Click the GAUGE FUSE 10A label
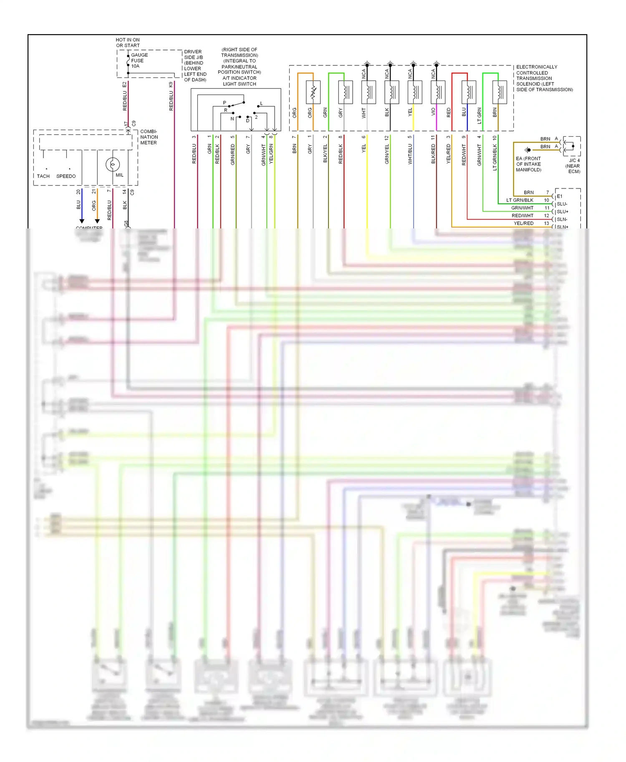coord(139,60)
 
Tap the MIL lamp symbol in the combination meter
coord(112,164)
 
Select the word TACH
coord(43,176)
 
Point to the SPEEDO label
coord(66,176)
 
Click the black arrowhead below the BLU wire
coord(82,221)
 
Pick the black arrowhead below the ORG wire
coord(97,221)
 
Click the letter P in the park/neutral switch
coord(225,103)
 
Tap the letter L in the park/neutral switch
coord(261,103)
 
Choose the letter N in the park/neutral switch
coord(232,119)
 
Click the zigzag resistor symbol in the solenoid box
coord(313,92)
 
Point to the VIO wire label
coord(433,112)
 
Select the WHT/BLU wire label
coord(410,154)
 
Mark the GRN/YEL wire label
coord(387,154)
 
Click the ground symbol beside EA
coord(528,150)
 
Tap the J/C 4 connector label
coord(575,160)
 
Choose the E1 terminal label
coord(560,196)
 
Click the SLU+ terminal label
coord(563,212)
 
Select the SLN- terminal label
coord(562,219)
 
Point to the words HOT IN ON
coord(128,40)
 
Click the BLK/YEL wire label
coord(326,153)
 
